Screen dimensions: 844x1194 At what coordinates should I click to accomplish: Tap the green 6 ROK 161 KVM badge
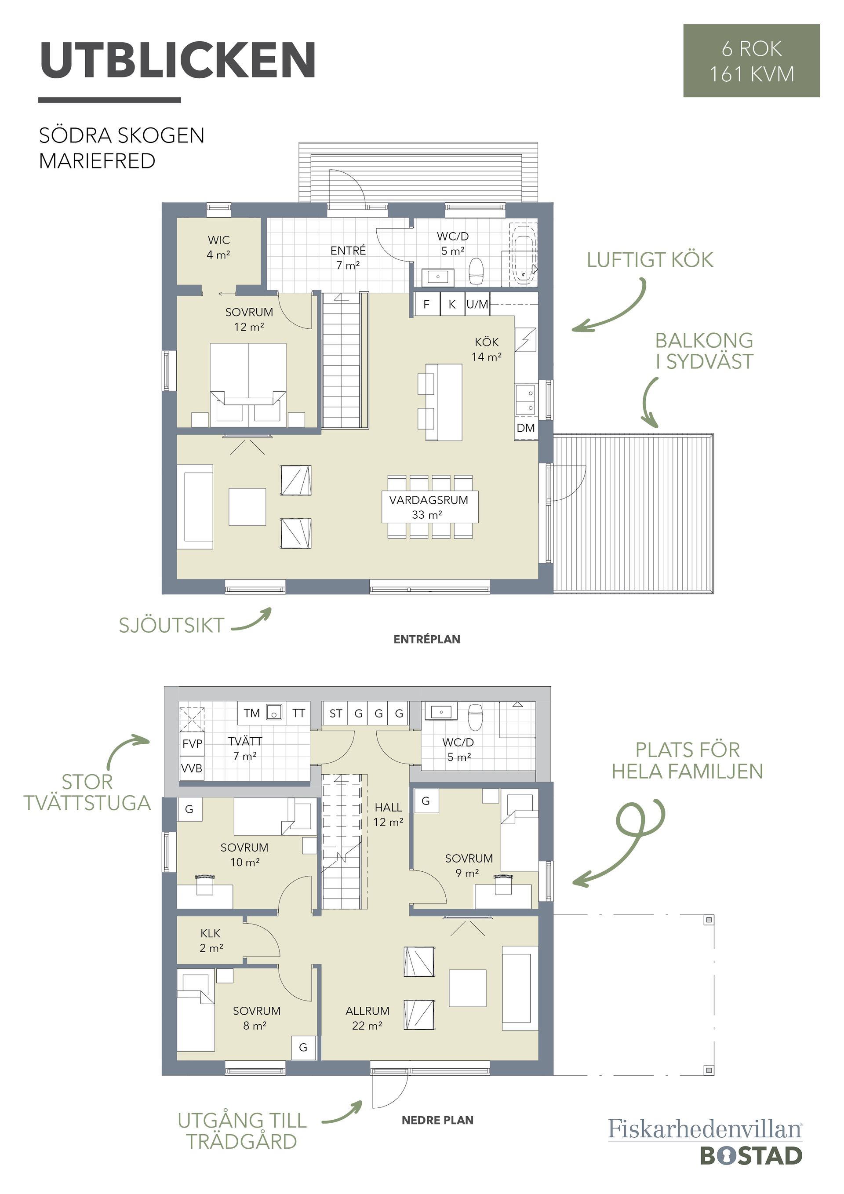coord(751,60)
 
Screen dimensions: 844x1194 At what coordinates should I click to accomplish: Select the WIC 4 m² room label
coord(218,247)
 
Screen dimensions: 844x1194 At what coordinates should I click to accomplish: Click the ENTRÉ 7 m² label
coord(348,258)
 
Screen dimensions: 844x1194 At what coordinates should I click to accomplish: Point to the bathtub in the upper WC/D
coord(524,255)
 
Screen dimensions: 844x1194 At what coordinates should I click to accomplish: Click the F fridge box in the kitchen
coord(427,304)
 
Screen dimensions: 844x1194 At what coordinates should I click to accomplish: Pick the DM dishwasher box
coord(526,428)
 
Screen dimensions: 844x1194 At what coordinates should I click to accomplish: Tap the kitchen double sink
coord(526,400)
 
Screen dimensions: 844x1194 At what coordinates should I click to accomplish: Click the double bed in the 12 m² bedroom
coord(248,385)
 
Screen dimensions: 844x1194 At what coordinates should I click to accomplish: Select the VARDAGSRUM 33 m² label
coord(429,507)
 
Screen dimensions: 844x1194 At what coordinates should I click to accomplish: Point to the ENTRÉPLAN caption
coord(427,639)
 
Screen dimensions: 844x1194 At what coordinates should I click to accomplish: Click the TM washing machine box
coord(252,713)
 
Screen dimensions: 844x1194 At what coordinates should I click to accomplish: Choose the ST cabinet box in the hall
coord(335,713)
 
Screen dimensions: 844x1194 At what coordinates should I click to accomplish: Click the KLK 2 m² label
coord(211,941)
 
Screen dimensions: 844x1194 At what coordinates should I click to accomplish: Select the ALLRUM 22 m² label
coord(367,1018)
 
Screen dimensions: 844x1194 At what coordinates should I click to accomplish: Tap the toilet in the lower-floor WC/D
coord(476,717)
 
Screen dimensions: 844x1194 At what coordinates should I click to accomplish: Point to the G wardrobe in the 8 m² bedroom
coord(303,1047)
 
